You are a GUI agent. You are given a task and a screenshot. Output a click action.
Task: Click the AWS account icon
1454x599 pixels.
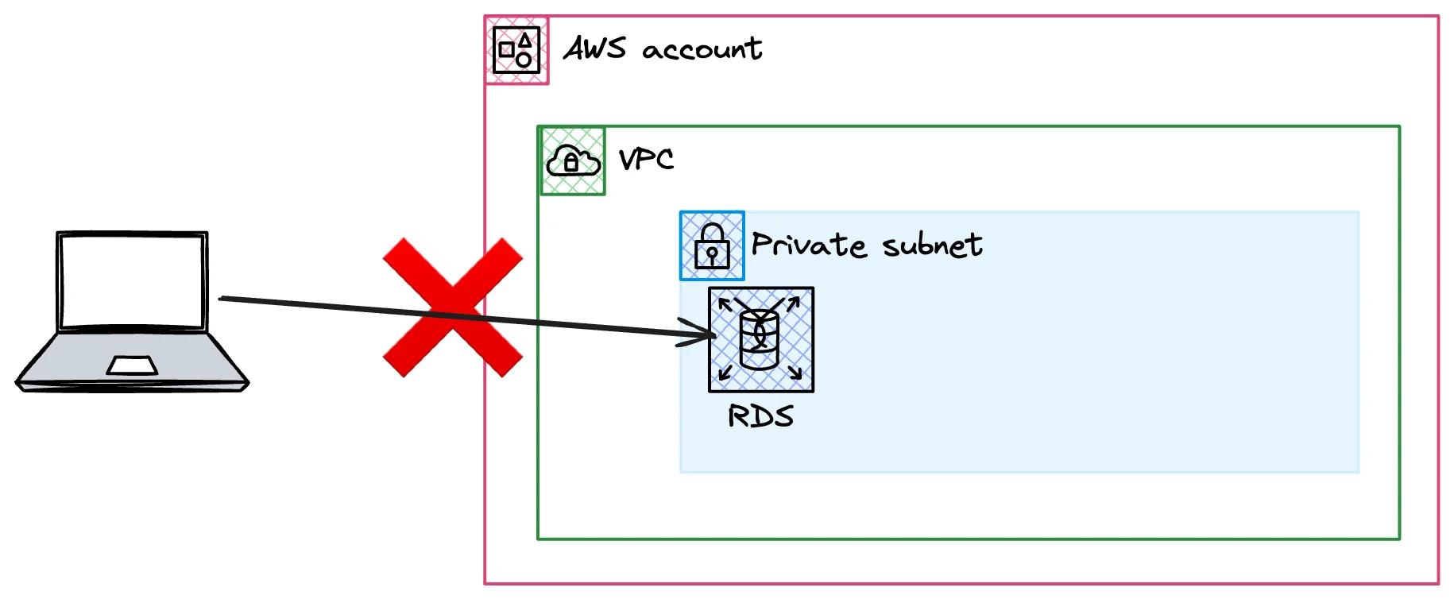coord(516,50)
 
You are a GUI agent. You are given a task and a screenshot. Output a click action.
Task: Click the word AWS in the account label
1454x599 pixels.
coord(594,49)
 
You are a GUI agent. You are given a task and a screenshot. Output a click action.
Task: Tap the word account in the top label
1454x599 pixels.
coord(702,50)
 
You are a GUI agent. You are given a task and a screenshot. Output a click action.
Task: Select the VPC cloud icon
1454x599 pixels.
coord(573,160)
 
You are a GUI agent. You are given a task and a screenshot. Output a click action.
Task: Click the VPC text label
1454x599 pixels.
coord(646,159)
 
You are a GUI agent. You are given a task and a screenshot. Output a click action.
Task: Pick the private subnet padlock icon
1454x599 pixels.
coord(712,245)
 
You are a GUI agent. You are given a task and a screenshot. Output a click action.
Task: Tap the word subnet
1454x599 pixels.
coord(932,245)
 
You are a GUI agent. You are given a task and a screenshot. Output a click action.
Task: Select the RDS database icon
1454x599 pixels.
coord(760,339)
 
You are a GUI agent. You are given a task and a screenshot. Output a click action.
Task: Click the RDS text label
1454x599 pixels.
coord(760,416)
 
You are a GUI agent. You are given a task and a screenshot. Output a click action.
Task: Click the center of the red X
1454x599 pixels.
coord(452,307)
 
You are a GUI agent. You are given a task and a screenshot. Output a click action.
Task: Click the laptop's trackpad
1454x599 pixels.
coord(132,365)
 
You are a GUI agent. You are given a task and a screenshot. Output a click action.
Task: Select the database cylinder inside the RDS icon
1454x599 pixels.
coord(759,339)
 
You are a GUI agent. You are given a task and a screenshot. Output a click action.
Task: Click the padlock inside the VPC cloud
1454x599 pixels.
coord(570,164)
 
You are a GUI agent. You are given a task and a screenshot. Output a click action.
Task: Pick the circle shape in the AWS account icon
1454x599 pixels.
coord(524,60)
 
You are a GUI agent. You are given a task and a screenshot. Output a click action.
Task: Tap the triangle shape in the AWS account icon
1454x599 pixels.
coord(525,40)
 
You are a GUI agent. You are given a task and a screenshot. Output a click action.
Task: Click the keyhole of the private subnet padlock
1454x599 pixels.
coord(712,254)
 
